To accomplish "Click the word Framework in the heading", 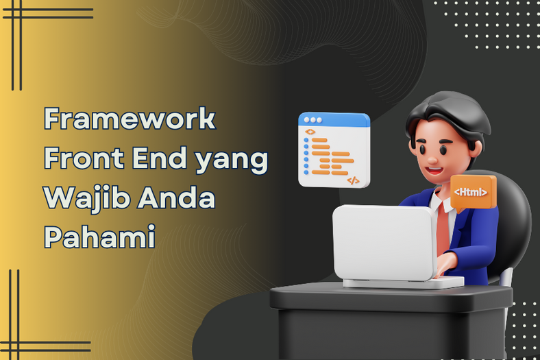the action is coord(130,118).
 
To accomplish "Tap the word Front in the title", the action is coord(84,158).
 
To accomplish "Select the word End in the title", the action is coord(160,158).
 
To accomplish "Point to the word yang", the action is coord(232,161).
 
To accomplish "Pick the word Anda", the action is coord(176,197).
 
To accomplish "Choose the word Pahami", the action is coord(100,237).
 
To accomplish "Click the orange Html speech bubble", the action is coord(474,193).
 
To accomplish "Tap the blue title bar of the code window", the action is coord(334,120).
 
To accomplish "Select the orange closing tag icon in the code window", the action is coord(353,180).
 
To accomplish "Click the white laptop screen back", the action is coord(384,242).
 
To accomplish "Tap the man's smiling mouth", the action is coord(434,171).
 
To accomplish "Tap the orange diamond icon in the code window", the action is coord(310,132).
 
